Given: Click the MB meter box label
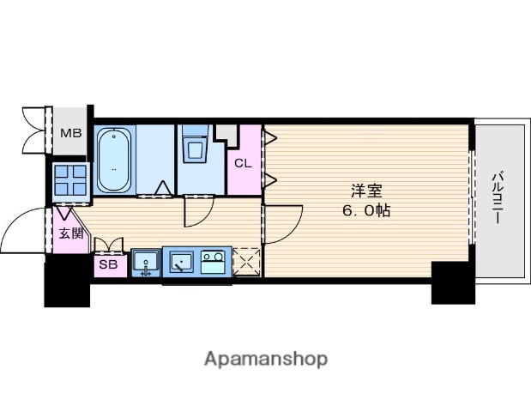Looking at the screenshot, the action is [71, 133].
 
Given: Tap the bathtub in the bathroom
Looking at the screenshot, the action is [114, 160].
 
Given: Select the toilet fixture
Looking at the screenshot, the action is [195, 144].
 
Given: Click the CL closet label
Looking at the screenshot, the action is [243, 163].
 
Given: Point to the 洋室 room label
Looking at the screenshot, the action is [366, 191].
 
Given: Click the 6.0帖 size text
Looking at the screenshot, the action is [366, 211].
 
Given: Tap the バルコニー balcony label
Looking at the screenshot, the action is [498, 198].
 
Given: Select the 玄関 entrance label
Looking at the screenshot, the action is [71, 233].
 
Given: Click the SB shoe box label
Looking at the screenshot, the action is [108, 264].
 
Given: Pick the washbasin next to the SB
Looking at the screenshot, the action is [146, 263].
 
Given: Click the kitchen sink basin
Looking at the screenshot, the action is [182, 263].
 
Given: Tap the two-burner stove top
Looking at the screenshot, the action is [213, 262].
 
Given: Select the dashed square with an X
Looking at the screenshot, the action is [246, 262].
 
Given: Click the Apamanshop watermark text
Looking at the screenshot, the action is [266, 359].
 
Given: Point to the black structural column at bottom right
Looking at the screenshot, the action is [453, 283].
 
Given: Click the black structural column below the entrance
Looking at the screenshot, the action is [67, 281].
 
